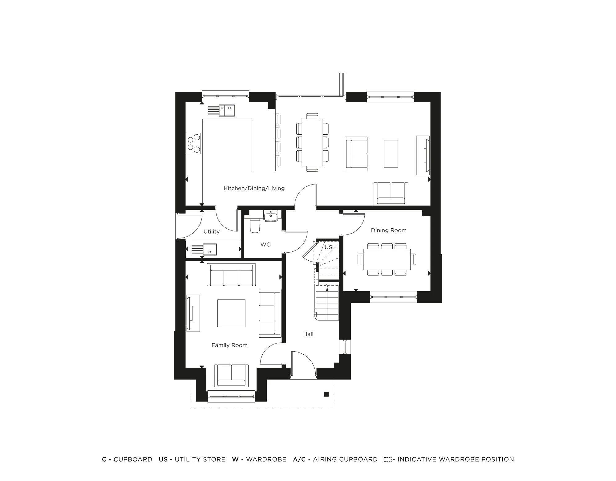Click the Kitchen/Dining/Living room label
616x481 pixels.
(x=254, y=188)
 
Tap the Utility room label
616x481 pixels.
(x=211, y=232)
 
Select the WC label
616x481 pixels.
(x=265, y=245)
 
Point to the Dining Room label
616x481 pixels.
(x=389, y=230)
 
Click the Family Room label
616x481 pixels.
(x=229, y=345)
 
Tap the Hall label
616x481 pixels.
(x=308, y=334)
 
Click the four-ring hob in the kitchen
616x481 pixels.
(x=194, y=144)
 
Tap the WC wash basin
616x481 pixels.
(x=271, y=216)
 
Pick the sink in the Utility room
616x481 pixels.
(x=209, y=249)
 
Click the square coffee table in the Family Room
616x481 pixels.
(x=231, y=313)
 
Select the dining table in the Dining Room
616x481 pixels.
(x=387, y=259)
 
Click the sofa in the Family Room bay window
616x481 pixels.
(x=231, y=376)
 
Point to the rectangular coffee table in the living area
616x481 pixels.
(x=391, y=154)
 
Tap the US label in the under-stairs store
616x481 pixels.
(x=328, y=247)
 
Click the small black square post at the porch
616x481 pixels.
(x=326, y=394)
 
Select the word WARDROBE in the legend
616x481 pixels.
(x=266, y=459)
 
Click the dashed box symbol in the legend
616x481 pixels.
(x=387, y=460)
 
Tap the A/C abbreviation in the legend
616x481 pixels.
(x=299, y=459)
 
